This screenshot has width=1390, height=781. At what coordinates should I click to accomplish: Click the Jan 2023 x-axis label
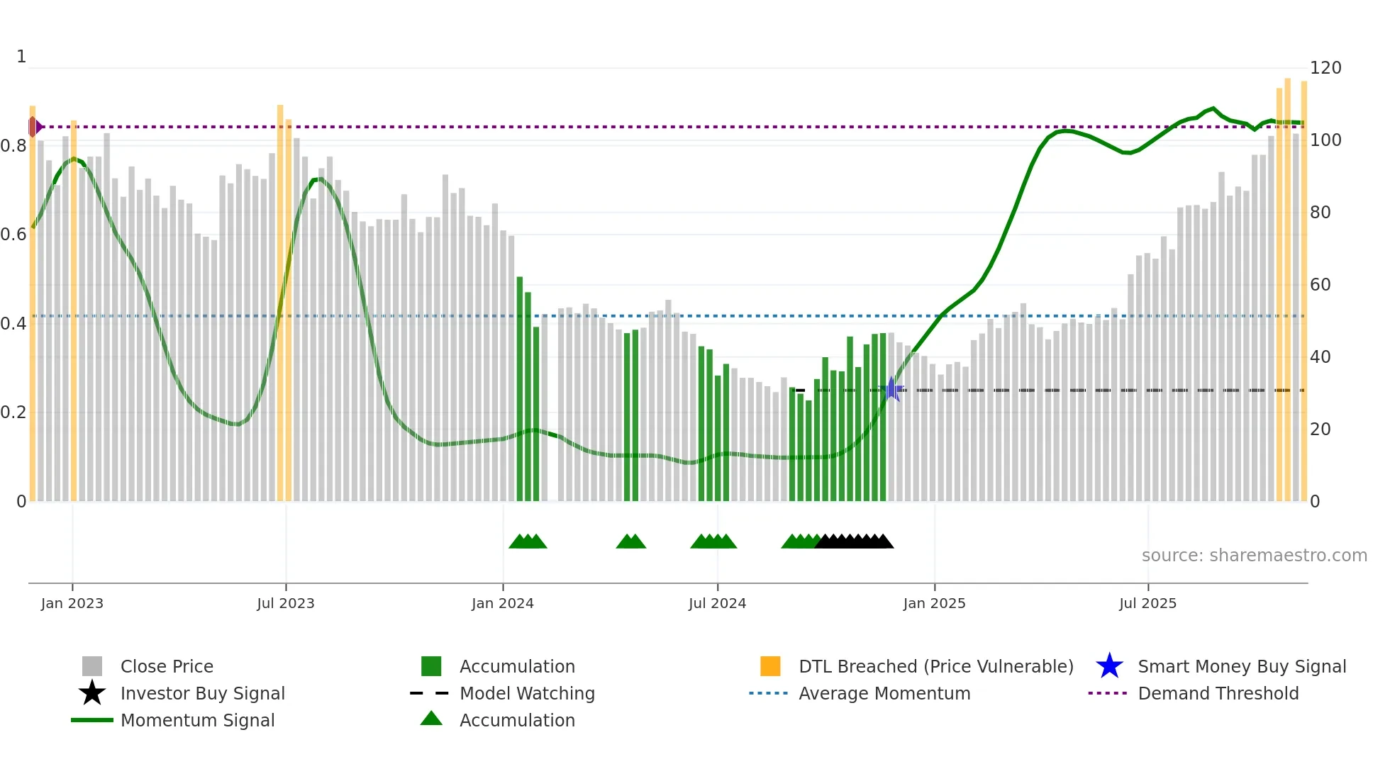point(72,603)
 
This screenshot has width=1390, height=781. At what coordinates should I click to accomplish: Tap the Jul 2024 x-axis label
point(717,603)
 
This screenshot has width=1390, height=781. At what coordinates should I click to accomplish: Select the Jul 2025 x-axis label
point(1147,603)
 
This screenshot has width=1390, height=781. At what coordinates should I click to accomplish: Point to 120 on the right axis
point(1325,68)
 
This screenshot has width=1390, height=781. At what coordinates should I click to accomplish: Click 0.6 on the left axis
point(13,235)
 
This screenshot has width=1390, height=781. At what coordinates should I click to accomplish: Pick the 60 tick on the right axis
point(1320,285)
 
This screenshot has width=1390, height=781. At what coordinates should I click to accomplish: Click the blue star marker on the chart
point(891,389)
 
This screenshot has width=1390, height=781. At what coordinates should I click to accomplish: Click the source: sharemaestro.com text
point(1254,556)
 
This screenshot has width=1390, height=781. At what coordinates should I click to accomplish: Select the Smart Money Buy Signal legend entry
point(1241,667)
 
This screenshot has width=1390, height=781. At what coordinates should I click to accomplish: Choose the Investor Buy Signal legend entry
point(202,694)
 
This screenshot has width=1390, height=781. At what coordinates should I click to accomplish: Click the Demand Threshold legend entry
point(1218,694)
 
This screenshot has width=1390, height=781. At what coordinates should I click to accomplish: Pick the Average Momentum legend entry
point(884,694)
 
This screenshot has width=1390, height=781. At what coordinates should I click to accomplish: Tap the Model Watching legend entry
point(526,694)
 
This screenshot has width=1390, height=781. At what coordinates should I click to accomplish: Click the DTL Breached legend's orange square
point(769,667)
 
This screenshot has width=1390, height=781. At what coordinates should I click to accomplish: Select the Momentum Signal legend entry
point(197,721)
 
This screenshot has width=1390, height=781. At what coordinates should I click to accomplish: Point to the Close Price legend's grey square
point(92,667)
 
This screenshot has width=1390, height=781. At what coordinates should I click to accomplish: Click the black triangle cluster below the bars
point(855,542)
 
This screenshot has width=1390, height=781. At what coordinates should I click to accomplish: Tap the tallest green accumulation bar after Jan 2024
point(520,390)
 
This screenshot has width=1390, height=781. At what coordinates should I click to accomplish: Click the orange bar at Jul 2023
point(280,305)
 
